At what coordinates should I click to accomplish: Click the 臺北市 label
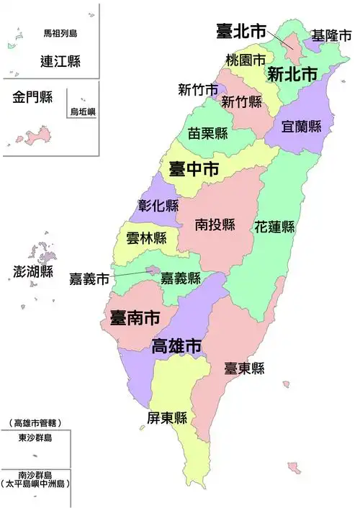241,31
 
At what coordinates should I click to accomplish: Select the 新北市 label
292,73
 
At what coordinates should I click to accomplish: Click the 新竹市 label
198,90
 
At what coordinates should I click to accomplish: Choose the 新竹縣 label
241,101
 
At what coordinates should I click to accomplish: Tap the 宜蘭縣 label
302,127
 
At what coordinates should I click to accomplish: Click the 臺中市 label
194,170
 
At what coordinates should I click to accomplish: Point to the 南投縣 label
215,225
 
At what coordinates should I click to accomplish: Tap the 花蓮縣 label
274,227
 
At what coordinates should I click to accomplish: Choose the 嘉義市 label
89,278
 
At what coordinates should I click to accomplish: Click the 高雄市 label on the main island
176,345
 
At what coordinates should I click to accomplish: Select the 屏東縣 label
167,418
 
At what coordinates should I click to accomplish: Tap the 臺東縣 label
244,368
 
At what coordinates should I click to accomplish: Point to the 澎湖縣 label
34,271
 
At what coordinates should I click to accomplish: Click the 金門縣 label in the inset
32,97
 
